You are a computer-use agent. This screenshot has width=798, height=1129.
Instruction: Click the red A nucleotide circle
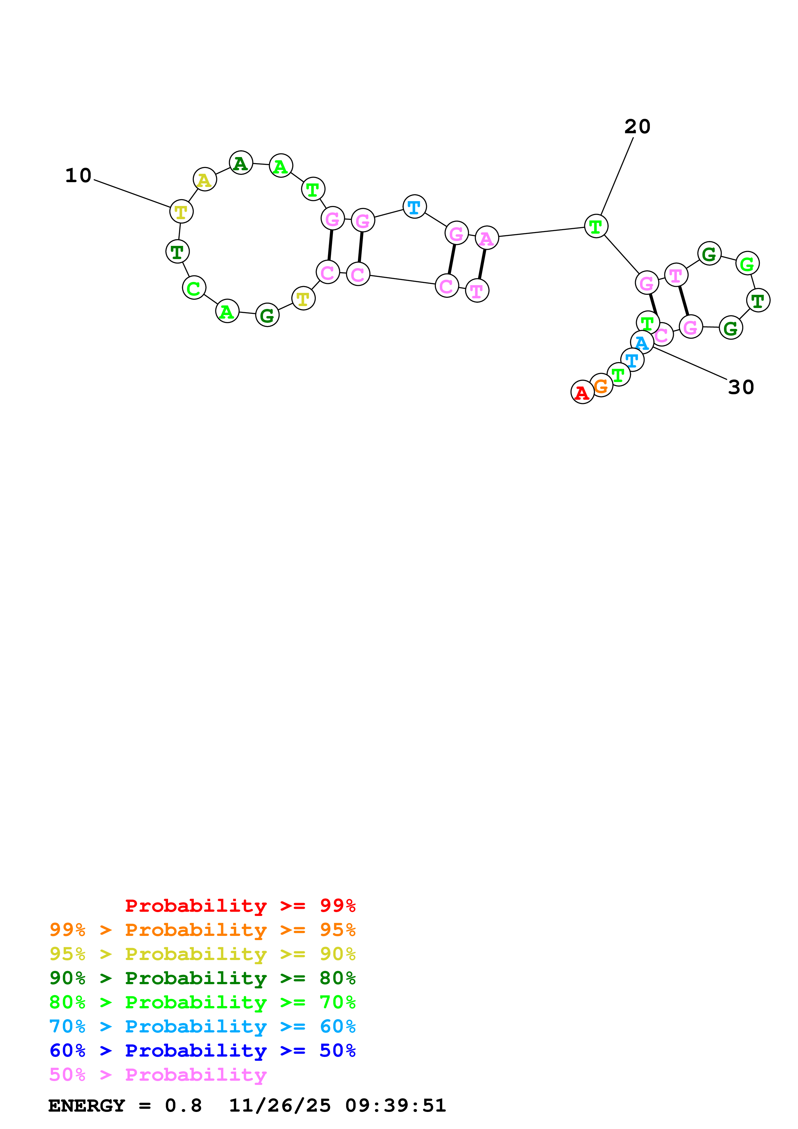(582, 392)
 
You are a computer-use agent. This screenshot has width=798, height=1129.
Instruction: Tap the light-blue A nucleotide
(642, 342)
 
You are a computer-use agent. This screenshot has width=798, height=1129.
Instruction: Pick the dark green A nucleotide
(241, 163)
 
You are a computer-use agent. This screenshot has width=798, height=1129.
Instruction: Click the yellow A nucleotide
(204, 180)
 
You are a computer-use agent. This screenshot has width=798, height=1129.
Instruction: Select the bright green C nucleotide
(194, 288)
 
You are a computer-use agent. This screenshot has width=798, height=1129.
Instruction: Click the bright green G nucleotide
(747, 264)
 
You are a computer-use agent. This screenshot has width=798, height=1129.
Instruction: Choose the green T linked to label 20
(596, 226)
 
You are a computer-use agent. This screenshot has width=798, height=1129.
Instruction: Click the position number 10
(79, 175)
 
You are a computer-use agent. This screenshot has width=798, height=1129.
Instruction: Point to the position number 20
(637, 127)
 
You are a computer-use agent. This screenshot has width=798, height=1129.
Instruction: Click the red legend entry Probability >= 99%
(240, 905)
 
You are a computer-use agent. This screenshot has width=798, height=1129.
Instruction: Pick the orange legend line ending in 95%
(202, 929)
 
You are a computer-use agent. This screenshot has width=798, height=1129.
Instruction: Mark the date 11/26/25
(280, 1106)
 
